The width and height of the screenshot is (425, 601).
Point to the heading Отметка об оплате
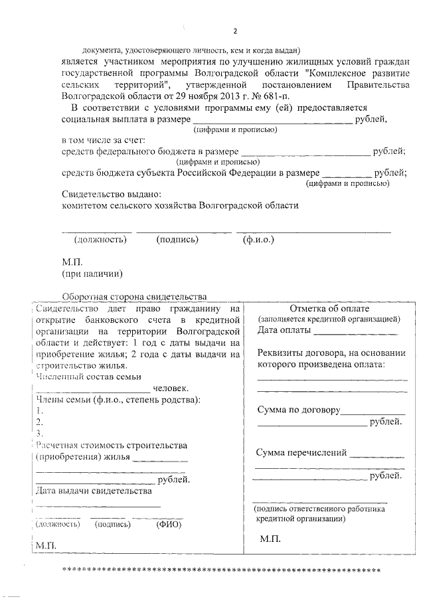tap(329, 308)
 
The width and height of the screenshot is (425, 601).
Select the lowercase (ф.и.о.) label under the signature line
tap(258, 240)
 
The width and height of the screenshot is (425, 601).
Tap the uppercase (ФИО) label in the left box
tap(168, 523)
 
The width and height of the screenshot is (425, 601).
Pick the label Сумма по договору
tap(298, 410)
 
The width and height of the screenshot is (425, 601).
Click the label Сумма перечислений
tap(301, 453)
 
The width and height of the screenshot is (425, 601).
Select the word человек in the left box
tap(171, 388)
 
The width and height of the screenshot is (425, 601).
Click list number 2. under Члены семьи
tap(39, 422)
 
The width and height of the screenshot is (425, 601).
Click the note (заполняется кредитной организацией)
tap(329, 319)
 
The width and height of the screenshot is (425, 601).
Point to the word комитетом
tap(86, 205)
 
